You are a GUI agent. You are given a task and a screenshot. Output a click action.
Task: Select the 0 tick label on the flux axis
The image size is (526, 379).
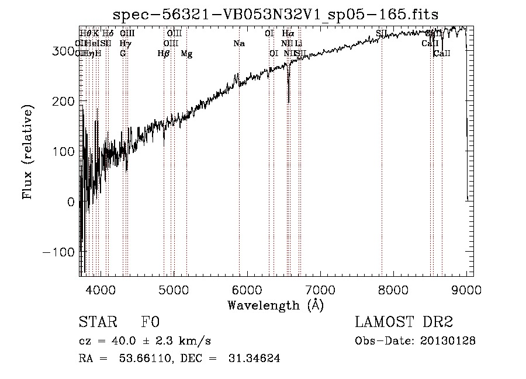pyautogui.click(x=71, y=202)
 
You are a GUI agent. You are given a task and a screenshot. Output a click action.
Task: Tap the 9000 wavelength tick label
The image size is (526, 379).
pyautogui.click(x=466, y=289)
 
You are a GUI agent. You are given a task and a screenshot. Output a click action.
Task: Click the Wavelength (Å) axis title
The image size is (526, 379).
pyautogui.click(x=275, y=304)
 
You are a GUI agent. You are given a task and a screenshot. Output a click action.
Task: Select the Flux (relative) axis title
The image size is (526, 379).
pyautogui.click(x=28, y=151)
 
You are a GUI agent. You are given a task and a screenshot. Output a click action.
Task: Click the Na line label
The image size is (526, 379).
pyautogui.click(x=238, y=44)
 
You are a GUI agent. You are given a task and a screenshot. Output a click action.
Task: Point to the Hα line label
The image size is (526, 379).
pyautogui.click(x=288, y=34)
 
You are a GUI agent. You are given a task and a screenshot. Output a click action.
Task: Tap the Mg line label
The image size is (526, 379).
pyautogui.click(x=186, y=54)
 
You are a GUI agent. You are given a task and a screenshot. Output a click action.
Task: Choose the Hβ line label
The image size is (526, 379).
pyautogui.click(x=164, y=54)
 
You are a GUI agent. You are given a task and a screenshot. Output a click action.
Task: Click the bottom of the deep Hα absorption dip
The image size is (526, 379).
pyautogui.click(x=289, y=102)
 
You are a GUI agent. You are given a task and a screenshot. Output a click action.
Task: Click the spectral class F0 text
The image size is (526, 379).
pyautogui.click(x=150, y=322)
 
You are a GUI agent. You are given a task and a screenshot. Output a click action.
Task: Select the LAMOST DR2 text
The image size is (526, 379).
pyautogui.click(x=404, y=322)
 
